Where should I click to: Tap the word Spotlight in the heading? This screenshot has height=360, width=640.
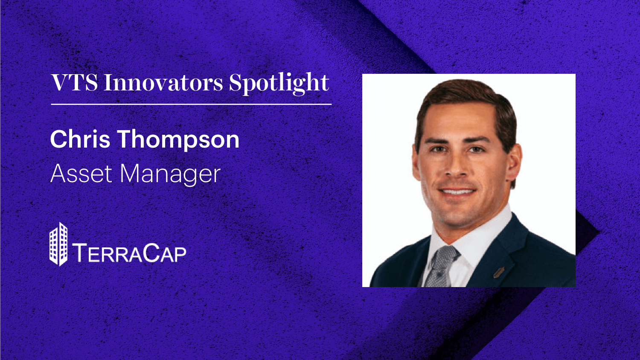coord(279,83)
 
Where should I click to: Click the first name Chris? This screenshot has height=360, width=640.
coord(80,139)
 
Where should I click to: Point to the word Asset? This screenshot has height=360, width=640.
coord(81,174)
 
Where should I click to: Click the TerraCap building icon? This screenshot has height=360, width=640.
coord(58,244)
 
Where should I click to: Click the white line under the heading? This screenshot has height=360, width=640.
coord(191,104)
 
